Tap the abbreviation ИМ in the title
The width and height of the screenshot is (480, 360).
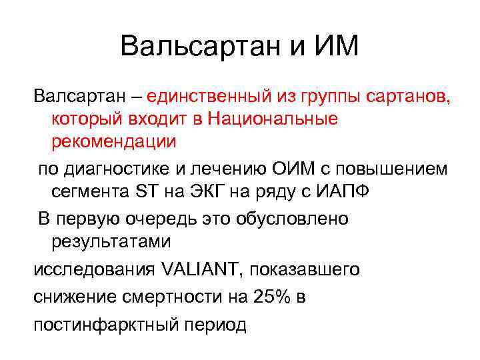(x=334, y=46)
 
